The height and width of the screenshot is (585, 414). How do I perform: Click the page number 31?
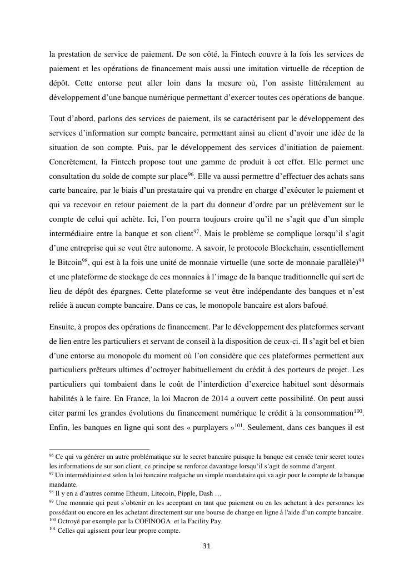pyautogui.click(x=206, y=546)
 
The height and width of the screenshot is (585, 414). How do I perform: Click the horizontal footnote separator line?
pyautogui.click(x=99, y=448)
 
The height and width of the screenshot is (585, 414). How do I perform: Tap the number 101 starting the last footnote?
pyautogui.click(x=53, y=529)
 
